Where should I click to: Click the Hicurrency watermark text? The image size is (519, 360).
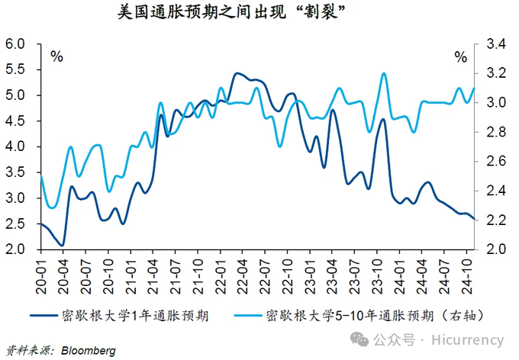(468, 339)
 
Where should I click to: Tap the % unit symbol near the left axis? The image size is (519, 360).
(56, 56)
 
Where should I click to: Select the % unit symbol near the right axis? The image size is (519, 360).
(460, 56)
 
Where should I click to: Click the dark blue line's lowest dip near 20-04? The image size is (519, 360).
(63, 246)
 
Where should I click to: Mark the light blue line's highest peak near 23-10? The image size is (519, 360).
(383, 73)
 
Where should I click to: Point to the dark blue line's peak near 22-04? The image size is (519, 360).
(236, 73)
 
